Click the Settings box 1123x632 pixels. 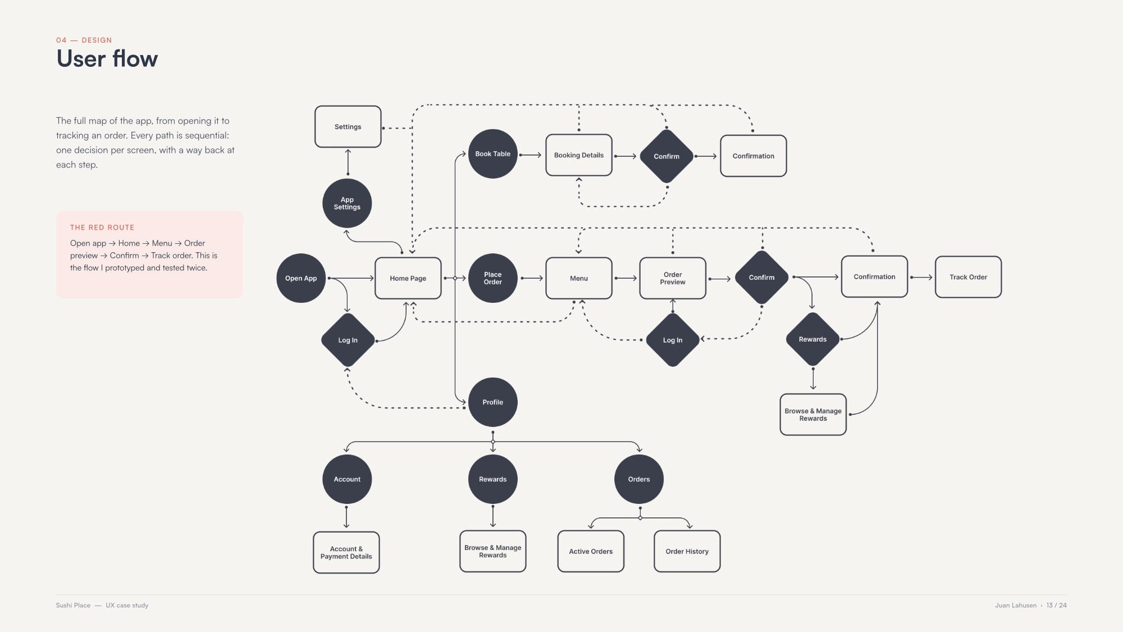[348, 126]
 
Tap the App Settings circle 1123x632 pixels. [347, 203]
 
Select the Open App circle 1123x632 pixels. [301, 278]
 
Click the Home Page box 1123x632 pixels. [408, 278]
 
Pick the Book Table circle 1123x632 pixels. [493, 154]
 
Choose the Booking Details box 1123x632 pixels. [579, 155]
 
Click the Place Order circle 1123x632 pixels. [493, 278]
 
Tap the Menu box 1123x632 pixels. [579, 278]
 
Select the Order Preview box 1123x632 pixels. [673, 278]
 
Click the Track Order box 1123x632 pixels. [969, 277]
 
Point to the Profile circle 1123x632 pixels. [493, 402]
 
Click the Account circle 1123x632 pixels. [347, 479]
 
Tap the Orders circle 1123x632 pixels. [639, 479]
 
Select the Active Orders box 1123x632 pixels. [591, 552]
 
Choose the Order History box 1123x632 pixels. [687, 552]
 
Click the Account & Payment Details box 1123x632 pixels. [346, 553]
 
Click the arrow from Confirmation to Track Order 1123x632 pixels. [921, 277]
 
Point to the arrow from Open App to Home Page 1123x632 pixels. [351, 278]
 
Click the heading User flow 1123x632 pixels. [107, 58]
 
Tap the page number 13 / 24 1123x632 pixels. [1056, 605]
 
